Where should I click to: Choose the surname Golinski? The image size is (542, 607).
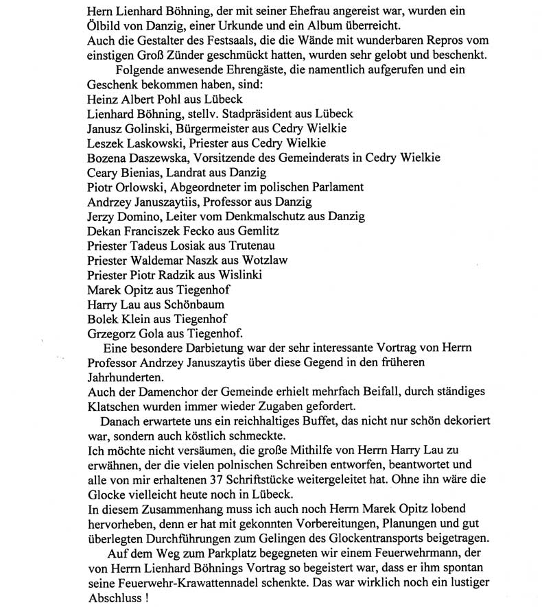coord(147,128)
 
